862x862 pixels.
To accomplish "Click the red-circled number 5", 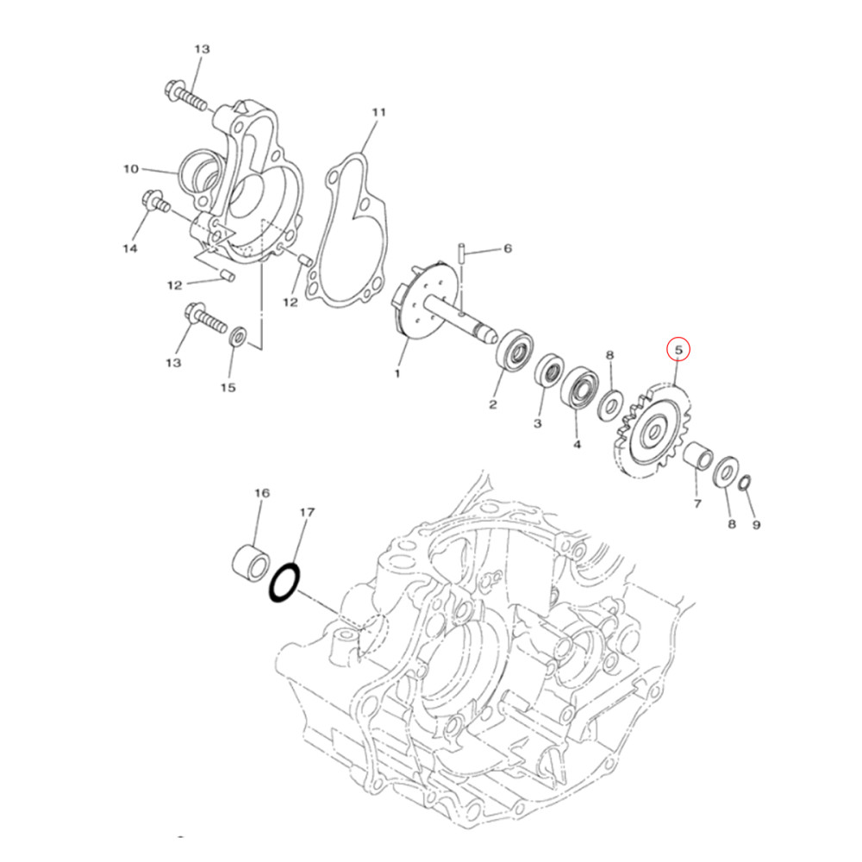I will (678, 350).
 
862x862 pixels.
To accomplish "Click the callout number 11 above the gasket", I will (378, 113).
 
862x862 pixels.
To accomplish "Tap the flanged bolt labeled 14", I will (155, 204).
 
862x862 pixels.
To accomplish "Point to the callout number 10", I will (130, 169).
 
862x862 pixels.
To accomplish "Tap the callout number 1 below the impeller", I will (397, 374).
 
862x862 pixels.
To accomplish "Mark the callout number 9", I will (756, 524).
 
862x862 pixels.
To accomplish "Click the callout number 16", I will (261, 493).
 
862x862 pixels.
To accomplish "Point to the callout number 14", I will (129, 249).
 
